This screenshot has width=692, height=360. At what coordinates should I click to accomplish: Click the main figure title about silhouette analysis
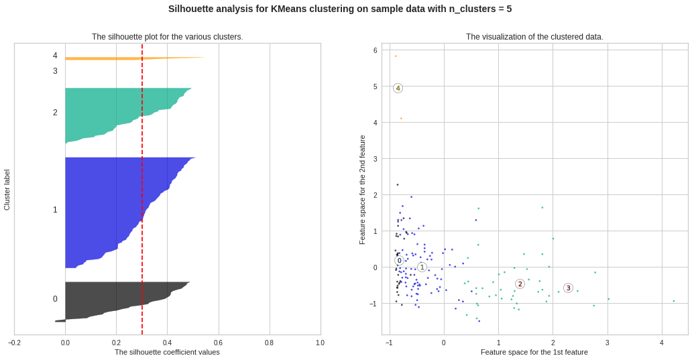[340, 9]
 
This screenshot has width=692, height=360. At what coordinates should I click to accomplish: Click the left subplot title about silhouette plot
[168, 37]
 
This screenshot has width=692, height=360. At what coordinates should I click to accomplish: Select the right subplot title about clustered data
[534, 37]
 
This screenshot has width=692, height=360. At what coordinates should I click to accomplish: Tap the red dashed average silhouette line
[142, 201]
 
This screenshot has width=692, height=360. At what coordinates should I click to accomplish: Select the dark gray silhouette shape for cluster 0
[114, 298]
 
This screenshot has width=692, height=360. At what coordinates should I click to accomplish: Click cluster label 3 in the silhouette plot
[55, 71]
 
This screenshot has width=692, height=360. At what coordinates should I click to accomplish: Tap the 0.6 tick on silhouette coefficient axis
[219, 343]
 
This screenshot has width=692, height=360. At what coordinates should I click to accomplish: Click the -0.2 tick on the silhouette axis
[14, 343]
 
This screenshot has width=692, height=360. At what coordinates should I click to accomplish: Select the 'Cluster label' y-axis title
[7, 190]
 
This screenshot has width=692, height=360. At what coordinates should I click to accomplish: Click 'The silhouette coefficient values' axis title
[167, 352]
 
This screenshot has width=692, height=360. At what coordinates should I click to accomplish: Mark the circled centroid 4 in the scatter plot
[398, 88]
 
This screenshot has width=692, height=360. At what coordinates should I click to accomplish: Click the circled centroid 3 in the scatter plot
[568, 288]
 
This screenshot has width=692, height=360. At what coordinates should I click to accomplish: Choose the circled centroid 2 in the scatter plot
[520, 284]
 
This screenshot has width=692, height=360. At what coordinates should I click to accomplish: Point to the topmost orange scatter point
[396, 56]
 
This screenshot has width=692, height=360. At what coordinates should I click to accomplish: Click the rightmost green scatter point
[674, 301]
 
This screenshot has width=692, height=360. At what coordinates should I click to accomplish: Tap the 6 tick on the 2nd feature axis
[376, 50]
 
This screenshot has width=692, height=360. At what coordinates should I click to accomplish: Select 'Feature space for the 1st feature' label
[534, 352]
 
